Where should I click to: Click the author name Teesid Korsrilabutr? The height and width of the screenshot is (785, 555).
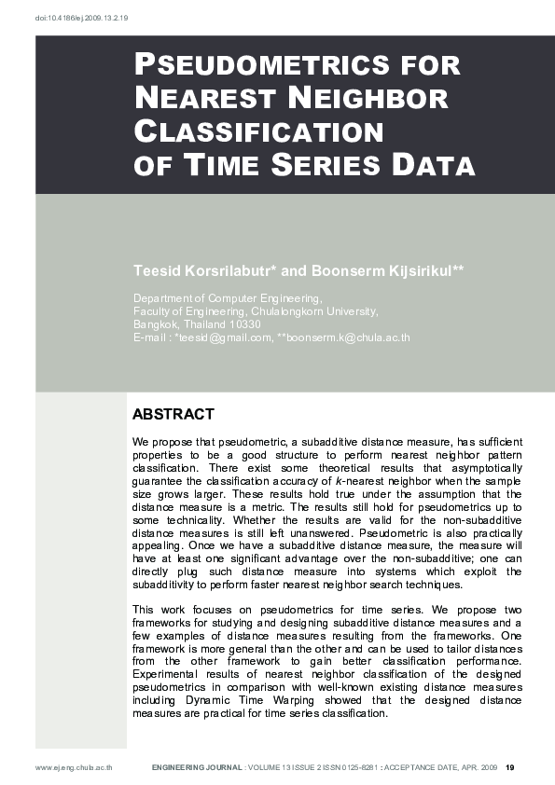[204, 270]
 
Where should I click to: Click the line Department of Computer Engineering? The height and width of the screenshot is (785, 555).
[228, 298]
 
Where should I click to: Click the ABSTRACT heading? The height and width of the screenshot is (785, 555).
[173, 414]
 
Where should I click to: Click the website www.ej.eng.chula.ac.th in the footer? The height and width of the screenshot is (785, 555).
[74, 768]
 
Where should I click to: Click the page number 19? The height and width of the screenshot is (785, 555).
[510, 768]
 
